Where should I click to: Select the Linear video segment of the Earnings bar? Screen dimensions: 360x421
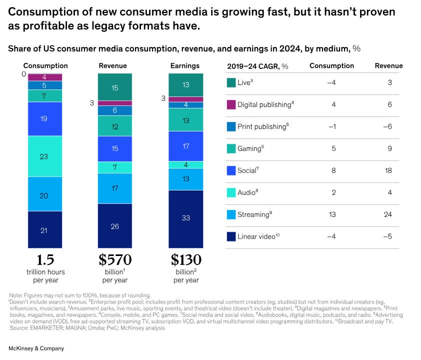(186, 218)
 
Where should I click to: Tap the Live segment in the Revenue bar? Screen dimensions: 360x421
(115, 87)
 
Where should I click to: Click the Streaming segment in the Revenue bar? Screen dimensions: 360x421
(115, 188)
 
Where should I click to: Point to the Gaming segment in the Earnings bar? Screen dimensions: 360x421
(186, 120)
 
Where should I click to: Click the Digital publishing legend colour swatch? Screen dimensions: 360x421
(231, 104)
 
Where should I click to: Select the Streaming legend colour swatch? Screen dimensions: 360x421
(231, 214)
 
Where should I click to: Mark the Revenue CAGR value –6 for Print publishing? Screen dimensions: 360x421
(388, 126)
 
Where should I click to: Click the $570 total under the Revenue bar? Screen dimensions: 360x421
(115, 260)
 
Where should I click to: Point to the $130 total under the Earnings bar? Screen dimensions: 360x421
(186, 260)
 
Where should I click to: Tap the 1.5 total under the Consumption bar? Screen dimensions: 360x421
(45, 260)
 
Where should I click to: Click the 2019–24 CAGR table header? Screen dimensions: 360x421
(254, 66)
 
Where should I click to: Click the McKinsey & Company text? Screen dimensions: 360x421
(36, 348)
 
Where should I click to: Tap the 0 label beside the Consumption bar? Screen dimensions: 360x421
(23, 74)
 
